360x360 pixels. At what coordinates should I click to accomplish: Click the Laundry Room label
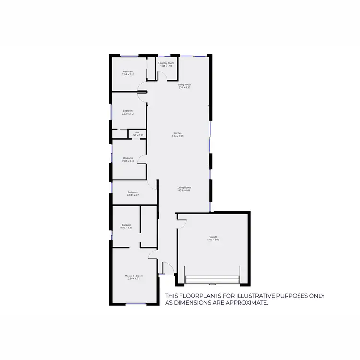(166, 63)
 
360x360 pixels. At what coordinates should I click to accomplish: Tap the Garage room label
(214, 237)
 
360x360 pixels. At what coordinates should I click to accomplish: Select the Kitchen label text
(178, 133)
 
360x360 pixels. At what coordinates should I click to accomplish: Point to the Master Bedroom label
(134, 276)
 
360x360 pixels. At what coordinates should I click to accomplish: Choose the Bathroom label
(132, 192)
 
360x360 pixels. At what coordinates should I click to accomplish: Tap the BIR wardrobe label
(137, 132)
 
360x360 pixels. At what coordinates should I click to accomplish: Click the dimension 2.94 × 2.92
(128, 75)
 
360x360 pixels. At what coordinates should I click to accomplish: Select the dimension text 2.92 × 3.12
(128, 114)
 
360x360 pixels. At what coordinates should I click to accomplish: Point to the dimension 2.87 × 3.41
(128, 161)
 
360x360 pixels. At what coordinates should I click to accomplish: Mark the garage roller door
(212, 279)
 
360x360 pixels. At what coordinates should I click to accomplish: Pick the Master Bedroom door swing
(153, 254)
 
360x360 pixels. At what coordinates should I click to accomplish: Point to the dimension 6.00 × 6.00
(214, 240)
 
